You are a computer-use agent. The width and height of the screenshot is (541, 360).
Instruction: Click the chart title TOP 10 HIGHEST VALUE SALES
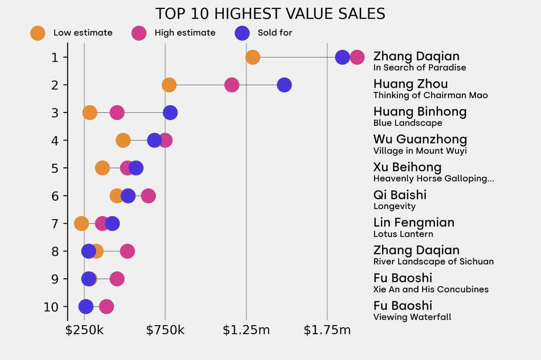coord(270,14)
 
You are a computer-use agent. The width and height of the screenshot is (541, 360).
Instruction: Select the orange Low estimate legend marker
coord(38,33)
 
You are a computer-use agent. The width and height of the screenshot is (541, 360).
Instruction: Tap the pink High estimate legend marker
coord(139,33)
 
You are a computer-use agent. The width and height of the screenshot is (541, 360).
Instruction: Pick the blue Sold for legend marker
coord(242,33)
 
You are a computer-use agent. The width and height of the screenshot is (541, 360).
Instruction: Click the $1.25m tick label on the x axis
coord(246,330)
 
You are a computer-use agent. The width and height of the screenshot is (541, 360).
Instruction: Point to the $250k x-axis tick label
coord(85,330)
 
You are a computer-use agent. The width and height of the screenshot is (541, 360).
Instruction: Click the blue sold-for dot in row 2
coord(284,84)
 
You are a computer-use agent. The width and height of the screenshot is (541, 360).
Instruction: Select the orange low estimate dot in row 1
coord(253,57)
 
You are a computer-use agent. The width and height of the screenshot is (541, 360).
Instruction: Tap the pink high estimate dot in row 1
coord(357,57)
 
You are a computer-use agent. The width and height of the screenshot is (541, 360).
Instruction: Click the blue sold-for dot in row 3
coord(170,112)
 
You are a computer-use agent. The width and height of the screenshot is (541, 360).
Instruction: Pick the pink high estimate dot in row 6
coord(148,196)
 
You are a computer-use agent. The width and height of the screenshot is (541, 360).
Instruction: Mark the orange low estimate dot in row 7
coord(81,223)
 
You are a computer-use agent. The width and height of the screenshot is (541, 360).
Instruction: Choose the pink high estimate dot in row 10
coord(106,307)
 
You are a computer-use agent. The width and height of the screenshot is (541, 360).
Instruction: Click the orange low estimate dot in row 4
coord(123,140)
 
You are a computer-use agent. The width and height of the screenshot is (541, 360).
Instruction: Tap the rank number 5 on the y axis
coord(55,168)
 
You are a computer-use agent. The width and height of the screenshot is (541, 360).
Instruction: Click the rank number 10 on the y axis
coord(51,307)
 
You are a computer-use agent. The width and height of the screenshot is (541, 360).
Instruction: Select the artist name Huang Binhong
coord(419,112)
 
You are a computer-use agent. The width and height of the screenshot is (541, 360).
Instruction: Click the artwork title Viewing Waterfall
coord(412,317)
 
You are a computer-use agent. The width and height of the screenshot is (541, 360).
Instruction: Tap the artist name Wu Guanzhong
coord(420,139)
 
